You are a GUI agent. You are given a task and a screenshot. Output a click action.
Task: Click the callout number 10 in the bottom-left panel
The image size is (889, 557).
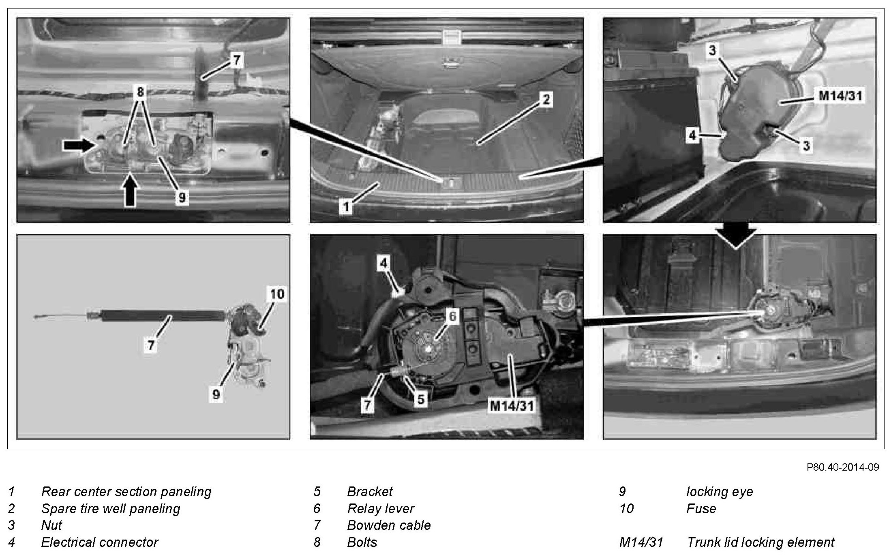277,293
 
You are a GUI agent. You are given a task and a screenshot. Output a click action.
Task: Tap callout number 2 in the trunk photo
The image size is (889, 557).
546,99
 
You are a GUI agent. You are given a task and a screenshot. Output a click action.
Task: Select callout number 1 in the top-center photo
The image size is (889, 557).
346,207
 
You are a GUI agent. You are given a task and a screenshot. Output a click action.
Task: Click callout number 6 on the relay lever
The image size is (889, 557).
452,316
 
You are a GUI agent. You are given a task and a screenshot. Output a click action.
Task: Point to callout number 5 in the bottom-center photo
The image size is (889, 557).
421,399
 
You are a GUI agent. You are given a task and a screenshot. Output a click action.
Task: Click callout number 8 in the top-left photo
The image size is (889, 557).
140,92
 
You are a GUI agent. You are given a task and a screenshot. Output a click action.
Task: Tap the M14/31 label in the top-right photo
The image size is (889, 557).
840,96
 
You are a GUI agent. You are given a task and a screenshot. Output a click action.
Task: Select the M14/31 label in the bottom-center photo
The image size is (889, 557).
512,405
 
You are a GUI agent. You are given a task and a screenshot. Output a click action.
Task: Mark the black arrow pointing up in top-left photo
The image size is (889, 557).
130,193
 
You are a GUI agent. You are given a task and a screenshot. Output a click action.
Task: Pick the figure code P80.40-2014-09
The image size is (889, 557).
842,467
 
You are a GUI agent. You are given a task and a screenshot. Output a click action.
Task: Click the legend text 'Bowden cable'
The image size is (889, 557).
389,525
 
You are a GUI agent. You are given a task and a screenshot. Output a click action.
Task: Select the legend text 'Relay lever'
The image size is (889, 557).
381,508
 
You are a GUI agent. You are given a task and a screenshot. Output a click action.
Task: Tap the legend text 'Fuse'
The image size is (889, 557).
701,508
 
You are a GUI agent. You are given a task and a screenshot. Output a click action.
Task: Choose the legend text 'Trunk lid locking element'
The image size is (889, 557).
760,542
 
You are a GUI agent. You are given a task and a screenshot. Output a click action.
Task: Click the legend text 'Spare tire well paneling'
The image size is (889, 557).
110,508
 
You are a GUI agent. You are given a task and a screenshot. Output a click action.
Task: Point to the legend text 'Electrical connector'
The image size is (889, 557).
100,542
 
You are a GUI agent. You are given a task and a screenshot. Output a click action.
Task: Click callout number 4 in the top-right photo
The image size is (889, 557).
692,135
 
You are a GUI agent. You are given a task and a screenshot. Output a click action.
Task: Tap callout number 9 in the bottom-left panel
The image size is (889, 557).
216,394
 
